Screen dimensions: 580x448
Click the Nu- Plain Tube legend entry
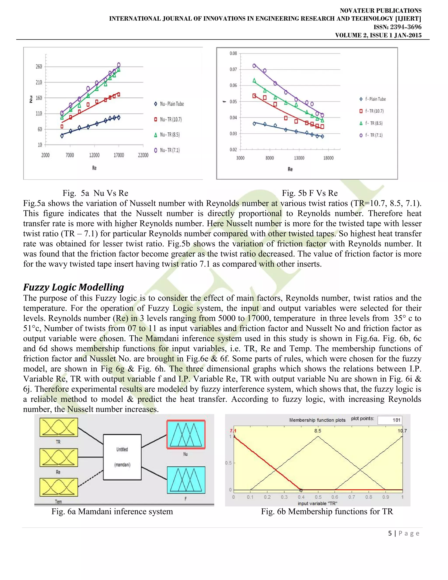(x=169, y=104)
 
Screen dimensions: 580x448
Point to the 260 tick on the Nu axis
(x=39, y=67)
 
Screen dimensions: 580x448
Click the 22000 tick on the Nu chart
(x=143, y=155)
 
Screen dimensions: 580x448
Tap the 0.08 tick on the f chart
(x=233, y=53)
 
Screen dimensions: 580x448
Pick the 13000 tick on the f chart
(x=299, y=158)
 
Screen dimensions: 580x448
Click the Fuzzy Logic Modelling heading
(x=73, y=287)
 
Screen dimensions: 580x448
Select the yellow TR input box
(x=59, y=427)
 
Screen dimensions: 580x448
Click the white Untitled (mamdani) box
(x=122, y=457)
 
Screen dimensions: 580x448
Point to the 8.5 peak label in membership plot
(x=318, y=431)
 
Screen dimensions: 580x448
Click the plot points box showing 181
(x=390, y=420)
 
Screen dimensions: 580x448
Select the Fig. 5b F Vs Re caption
(x=310, y=193)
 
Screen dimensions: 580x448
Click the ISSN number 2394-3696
(x=406, y=27)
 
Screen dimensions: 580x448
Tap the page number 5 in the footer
(x=390, y=533)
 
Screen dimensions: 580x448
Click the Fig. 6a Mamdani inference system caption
(x=112, y=511)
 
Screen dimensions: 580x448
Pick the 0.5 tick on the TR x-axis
(x=318, y=497)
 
